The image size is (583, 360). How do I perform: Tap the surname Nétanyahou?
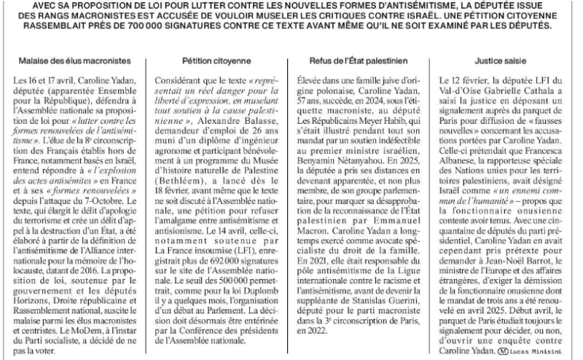pyautogui.click(x=393, y=178)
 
